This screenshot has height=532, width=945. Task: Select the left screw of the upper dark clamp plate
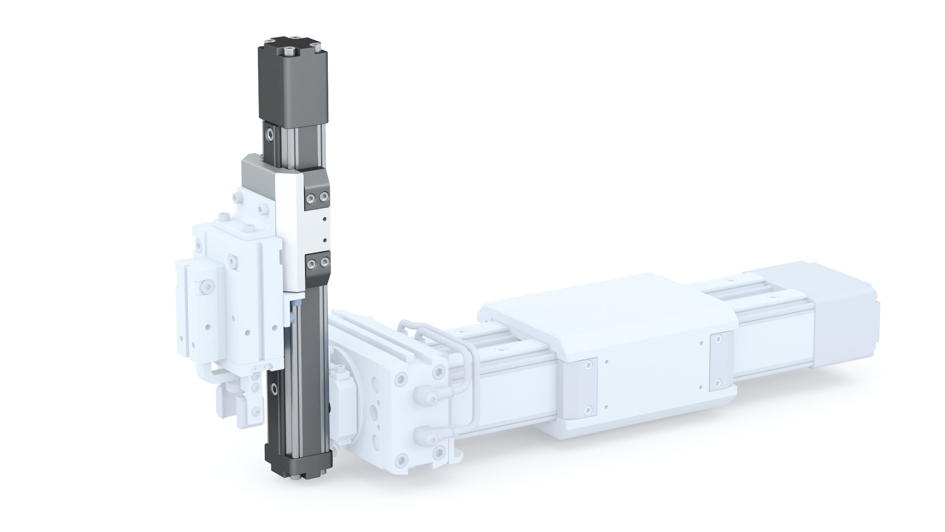[311, 198]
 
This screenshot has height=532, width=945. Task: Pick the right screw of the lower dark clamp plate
[323, 265]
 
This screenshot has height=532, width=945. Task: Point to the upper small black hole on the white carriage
[324, 218]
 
